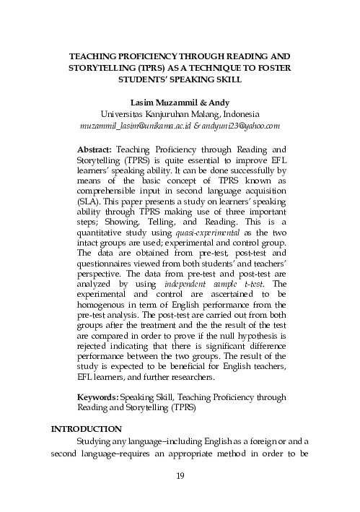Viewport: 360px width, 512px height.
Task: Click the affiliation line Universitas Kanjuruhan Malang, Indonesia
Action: pos(180,114)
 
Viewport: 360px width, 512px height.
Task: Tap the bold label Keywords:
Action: pos(97,396)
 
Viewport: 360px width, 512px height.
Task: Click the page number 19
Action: pos(180,475)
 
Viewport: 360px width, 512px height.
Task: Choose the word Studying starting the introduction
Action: pos(97,442)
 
